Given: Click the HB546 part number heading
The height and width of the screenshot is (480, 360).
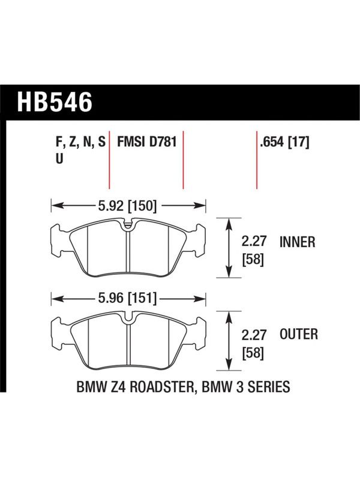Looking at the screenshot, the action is coord(55,102).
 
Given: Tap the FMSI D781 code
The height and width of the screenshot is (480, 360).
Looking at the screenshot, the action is coord(147,142).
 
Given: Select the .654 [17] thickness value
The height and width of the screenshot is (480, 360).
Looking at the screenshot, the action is coord(284,142).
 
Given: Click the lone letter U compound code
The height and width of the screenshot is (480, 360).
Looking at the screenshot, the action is coord(59,159).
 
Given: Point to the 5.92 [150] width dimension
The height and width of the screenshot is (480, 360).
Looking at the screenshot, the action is coord(127,206).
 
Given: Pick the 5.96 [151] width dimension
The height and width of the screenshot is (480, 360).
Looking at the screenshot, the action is coord(127,298).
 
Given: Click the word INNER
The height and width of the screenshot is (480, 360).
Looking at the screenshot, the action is coord(297,242).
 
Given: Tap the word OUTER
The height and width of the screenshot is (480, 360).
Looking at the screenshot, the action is coord(299,334).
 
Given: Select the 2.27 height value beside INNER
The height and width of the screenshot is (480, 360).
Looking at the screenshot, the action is coord(254,241).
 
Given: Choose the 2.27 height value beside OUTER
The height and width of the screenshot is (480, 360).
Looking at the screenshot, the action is coord(254,335).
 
